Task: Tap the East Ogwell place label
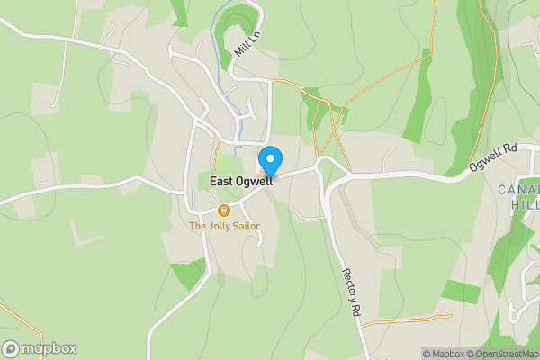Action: pyautogui.click(x=240, y=182)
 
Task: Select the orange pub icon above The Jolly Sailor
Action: pyautogui.click(x=224, y=211)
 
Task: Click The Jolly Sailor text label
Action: pyautogui.click(x=224, y=226)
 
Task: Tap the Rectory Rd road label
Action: pyautogui.click(x=350, y=291)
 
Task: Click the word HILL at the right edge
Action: pyautogui.click(x=525, y=204)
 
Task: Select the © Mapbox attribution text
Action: pyautogui.click(x=446, y=354)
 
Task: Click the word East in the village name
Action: pyautogui.click(x=220, y=182)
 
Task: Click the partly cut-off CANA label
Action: pyautogui.click(x=519, y=189)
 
